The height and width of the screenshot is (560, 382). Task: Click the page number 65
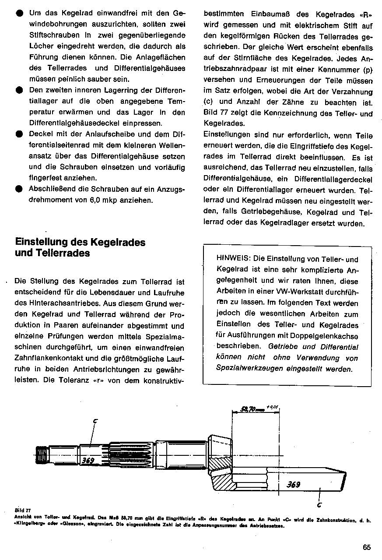pyautogui.click(x=367, y=547)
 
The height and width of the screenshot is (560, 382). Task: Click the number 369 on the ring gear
pyautogui.click(x=293, y=485)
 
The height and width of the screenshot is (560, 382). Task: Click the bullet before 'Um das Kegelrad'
pyautogui.click(x=19, y=13)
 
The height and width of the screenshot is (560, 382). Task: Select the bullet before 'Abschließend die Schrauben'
pyautogui.click(x=19, y=190)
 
